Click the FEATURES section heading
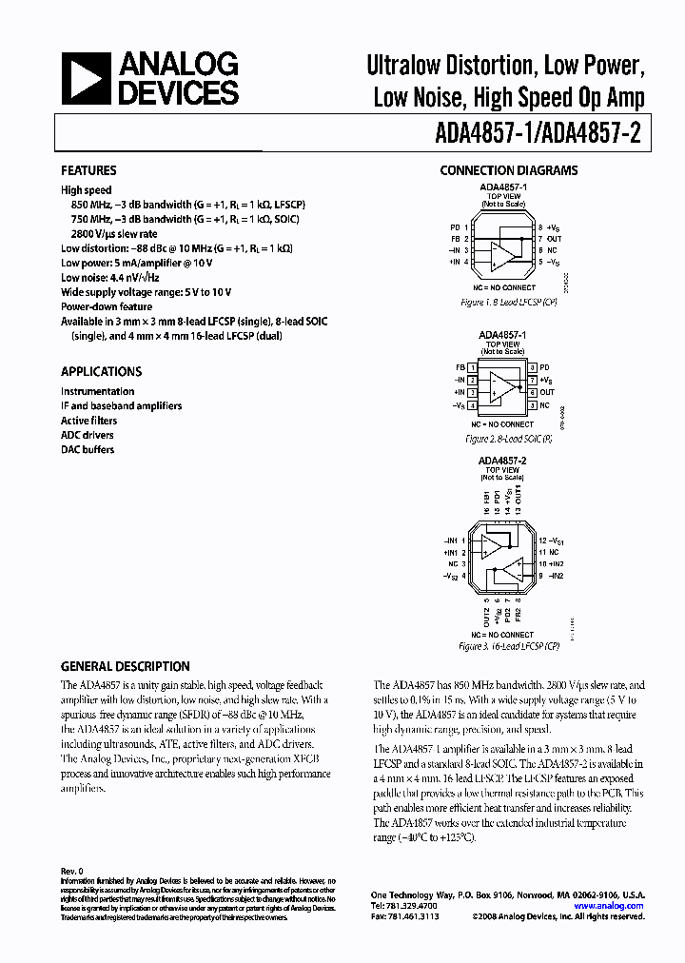coord(88,170)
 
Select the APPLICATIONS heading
coord(101,372)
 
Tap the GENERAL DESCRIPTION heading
coord(126,666)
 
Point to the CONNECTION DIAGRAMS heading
coord(508,170)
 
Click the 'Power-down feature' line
coord(107,307)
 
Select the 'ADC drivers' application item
coord(88,435)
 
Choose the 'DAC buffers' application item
coord(88,449)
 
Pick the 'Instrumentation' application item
coord(98,391)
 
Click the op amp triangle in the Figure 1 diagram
coord(501,251)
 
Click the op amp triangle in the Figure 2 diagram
coord(500,386)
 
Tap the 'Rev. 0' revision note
coord(73,871)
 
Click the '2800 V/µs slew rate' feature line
coord(115,234)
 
